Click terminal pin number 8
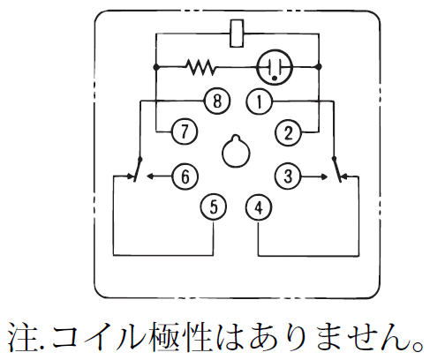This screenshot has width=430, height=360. [217, 101]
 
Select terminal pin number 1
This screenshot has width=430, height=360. [259, 101]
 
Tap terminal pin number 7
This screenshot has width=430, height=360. [185, 131]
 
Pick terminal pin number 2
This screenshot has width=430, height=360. [288, 132]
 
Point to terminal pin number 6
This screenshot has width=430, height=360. [185, 176]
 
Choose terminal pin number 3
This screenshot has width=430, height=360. [288, 176]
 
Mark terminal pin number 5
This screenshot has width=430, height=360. [214, 206]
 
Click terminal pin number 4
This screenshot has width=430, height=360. [259, 208]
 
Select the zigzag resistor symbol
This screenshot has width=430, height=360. [201, 67]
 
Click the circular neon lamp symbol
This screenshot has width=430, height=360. [275, 67]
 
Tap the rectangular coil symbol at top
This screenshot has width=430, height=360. [237, 34]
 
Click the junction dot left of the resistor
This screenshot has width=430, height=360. [156, 67]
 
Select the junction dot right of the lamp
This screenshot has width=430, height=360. [319, 67]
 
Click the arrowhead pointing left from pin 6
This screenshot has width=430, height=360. [150, 176]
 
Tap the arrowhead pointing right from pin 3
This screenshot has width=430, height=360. [324, 176]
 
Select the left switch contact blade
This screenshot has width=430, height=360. [138, 169]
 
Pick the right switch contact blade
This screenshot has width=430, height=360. [337, 169]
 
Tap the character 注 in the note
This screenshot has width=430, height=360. [22, 338]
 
